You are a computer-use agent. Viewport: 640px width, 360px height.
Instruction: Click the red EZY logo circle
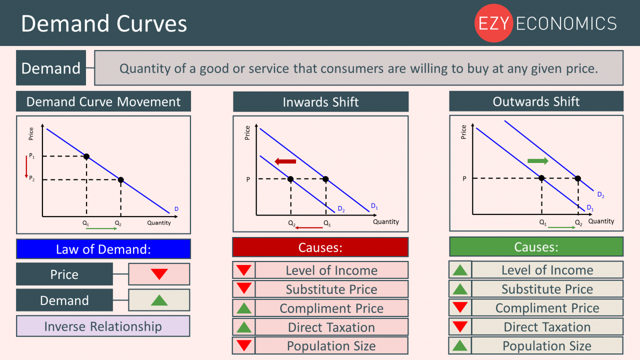coord(493,23)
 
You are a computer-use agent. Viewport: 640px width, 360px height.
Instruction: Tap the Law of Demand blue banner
coord(103,249)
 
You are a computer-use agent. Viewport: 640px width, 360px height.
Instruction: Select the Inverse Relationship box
coord(103,326)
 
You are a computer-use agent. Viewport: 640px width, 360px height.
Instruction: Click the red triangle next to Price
coord(159,274)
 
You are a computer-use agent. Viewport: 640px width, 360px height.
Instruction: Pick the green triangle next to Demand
coord(159,300)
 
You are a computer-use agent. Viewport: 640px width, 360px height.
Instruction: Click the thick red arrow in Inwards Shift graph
coord(285,161)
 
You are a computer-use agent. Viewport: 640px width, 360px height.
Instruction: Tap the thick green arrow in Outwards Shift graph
coord(537,161)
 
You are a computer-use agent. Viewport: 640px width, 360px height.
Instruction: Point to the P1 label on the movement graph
coord(32,156)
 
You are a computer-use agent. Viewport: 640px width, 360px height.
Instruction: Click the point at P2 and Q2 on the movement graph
coord(120,180)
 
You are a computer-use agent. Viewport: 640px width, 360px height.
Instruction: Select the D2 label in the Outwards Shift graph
coord(600,195)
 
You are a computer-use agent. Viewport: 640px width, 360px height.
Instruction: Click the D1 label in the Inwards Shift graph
coord(374,205)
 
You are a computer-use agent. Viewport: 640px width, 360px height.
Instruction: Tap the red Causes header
coord(320,247)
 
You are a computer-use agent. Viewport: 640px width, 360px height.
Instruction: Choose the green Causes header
coord(536,247)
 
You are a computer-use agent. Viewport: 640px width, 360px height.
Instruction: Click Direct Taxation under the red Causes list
coord(331,327)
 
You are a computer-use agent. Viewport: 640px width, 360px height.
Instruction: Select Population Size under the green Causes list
coord(547,346)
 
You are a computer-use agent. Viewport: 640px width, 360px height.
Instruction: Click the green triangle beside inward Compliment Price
coord(244,308)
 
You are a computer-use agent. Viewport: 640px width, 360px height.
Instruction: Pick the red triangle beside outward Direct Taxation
coord(460,327)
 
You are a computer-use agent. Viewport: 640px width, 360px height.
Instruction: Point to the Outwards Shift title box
coord(536,101)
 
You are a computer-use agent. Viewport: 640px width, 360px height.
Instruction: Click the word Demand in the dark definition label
coord(51,68)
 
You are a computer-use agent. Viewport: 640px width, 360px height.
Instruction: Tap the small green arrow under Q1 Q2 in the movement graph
coord(102,228)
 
